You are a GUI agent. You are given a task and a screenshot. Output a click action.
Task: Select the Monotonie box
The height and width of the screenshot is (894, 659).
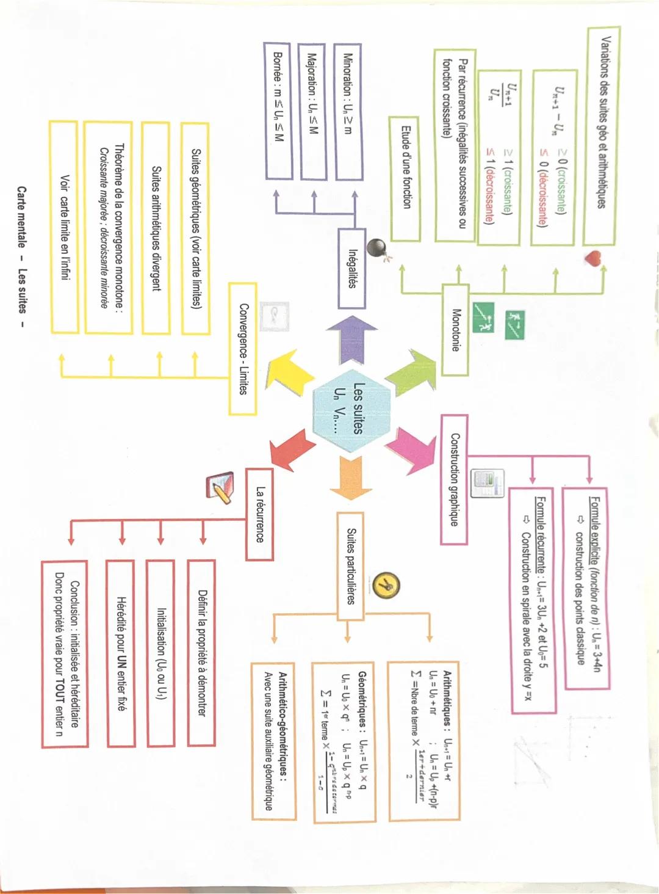(455, 330)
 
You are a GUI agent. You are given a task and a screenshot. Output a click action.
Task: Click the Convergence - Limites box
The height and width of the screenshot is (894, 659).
(242, 349)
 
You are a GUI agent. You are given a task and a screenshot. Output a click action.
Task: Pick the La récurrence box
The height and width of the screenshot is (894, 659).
(260, 514)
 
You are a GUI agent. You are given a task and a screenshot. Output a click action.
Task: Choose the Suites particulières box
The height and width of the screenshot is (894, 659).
(350, 565)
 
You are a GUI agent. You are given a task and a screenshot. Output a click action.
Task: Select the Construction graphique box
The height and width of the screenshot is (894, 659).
(455, 479)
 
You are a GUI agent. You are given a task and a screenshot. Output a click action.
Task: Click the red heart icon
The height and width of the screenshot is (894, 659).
(592, 258)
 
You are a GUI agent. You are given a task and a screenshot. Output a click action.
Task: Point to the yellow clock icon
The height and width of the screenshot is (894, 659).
(386, 586)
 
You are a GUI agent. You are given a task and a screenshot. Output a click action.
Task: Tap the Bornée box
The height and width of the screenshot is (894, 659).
(278, 111)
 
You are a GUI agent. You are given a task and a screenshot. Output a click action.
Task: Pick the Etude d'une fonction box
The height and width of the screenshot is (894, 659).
(405, 178)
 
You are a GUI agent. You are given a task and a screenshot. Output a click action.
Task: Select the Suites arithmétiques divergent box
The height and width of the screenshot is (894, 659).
(156, 228)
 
